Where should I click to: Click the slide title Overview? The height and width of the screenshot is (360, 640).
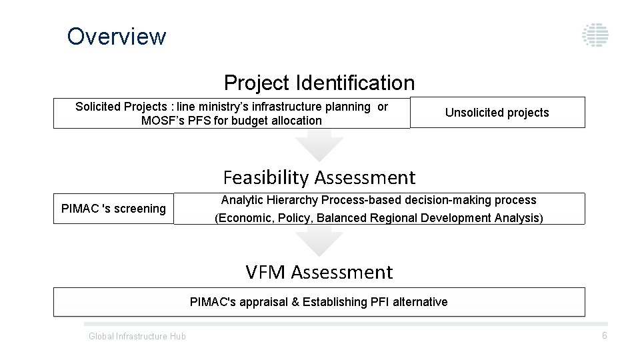[x=117, y=36]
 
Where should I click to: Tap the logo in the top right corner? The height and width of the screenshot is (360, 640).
[x=595, y=35]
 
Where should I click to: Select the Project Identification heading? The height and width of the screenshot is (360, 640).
[x=319, y=83]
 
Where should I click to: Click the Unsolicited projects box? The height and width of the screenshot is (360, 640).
[x=497, y=113]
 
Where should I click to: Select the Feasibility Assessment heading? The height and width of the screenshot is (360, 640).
[x=319, y=178]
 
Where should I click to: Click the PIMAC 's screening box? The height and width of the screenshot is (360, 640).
[x=113, y=209]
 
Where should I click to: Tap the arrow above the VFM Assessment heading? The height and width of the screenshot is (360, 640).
[x=319, y=241]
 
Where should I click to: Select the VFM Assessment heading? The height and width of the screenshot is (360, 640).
[x=319, y=273]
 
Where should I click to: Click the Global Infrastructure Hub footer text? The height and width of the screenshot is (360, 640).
[x=137, y=336]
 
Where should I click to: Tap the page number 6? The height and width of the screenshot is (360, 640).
[x=604, y=335]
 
